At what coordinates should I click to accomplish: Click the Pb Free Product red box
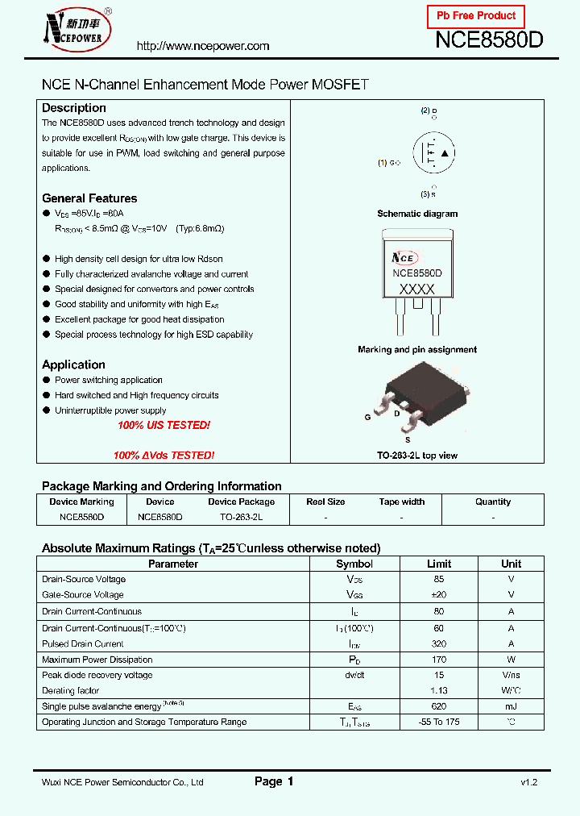tap(475, 16)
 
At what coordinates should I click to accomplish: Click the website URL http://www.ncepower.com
tap(203, 46)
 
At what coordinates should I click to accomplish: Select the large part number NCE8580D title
tap(489, 41)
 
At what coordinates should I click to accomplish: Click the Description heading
tap(74, 108)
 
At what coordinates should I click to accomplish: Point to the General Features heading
tap(89, 198)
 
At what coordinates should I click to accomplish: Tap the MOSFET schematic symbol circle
tap(434, 153)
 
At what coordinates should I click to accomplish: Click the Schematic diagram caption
tap(417, 214)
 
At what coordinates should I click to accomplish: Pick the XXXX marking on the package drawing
tap(416, 289)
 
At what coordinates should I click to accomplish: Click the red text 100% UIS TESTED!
tap(164, 425)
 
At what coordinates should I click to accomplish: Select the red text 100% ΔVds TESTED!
tap(164, 456)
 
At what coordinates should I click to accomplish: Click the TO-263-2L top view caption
tap(417, 456)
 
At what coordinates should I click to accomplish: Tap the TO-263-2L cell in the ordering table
tap(241, 517)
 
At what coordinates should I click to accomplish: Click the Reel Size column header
tap(326, 502)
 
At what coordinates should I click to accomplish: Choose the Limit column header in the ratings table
tap(439, 564)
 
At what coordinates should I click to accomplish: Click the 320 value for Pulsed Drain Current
tap(439, 643)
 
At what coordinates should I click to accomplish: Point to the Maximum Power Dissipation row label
tap(97, 660)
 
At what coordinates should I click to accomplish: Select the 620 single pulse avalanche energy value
tap(439, 706)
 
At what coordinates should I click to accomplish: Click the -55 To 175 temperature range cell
tap(439, 722)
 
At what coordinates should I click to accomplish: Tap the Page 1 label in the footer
tap(274, 781)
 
